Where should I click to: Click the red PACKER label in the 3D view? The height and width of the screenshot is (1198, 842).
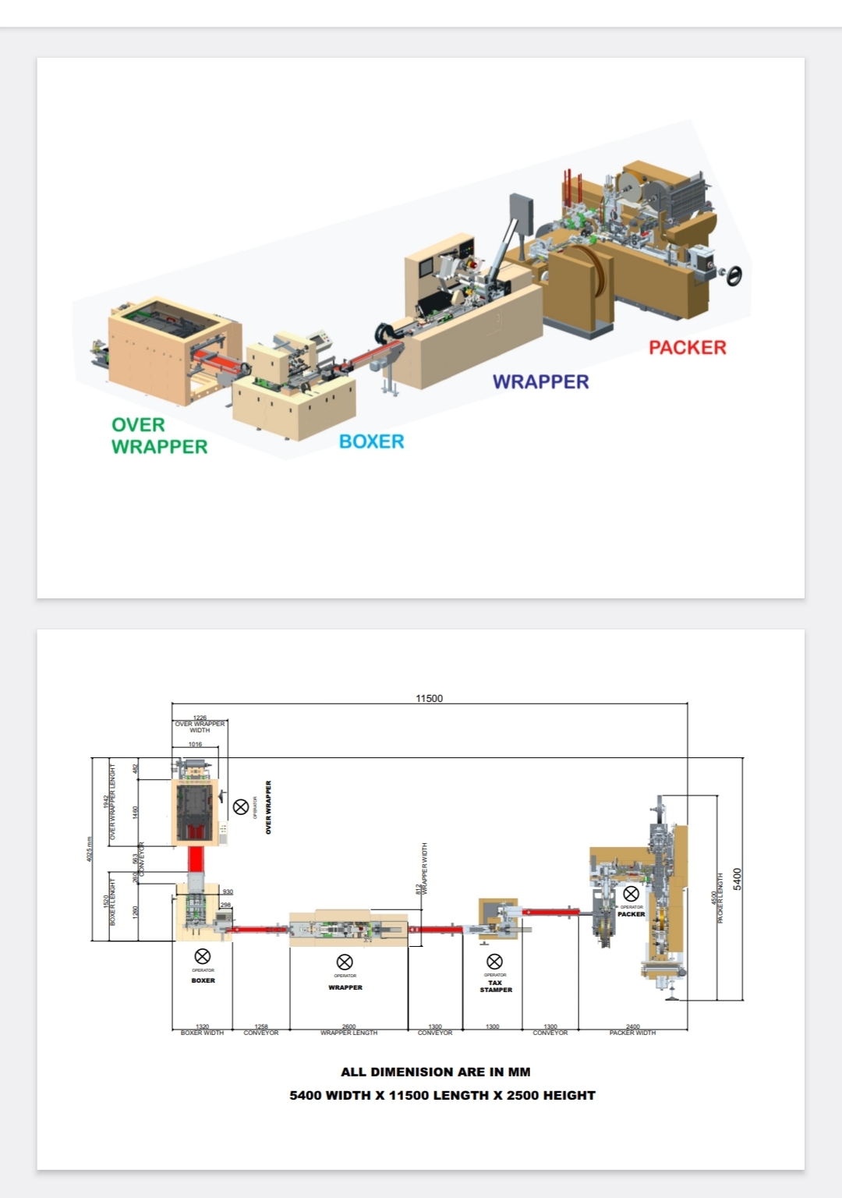(x=687, y=347)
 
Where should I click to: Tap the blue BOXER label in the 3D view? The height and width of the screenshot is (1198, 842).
(x=371, y=441)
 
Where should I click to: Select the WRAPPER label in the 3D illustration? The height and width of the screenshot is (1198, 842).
(x=540, y=381)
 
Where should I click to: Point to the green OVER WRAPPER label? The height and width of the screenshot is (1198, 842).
(x=159, y=435)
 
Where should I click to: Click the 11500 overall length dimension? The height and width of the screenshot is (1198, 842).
(x=429, y=698)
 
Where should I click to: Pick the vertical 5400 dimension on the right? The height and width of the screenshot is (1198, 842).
(x=738, y=878)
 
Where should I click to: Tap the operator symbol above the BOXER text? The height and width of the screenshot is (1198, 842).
(x=202, y=956)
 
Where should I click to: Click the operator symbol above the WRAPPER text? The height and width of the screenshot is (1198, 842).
(x=345, y=962)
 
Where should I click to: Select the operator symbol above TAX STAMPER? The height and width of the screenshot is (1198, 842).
(x=494, y=962)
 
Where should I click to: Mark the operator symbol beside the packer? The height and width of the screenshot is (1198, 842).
(x=631, y=894)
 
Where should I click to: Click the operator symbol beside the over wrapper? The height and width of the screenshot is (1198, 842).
(x=242, y=806)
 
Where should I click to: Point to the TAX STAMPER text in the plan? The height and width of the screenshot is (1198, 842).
(x=496, y=986)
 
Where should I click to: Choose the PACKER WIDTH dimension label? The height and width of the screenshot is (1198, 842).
(x=632, y=1033)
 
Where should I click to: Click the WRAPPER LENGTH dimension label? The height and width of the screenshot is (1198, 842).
(x=348, y=1033)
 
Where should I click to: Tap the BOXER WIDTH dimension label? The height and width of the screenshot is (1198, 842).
(x=202, y=1033)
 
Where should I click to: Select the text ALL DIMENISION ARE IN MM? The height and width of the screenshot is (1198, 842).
(x=435, y=1072)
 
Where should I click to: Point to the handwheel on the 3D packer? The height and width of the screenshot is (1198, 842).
(x=734, y=275)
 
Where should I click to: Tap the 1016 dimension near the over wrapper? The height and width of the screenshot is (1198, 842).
(x=195, y=744)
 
